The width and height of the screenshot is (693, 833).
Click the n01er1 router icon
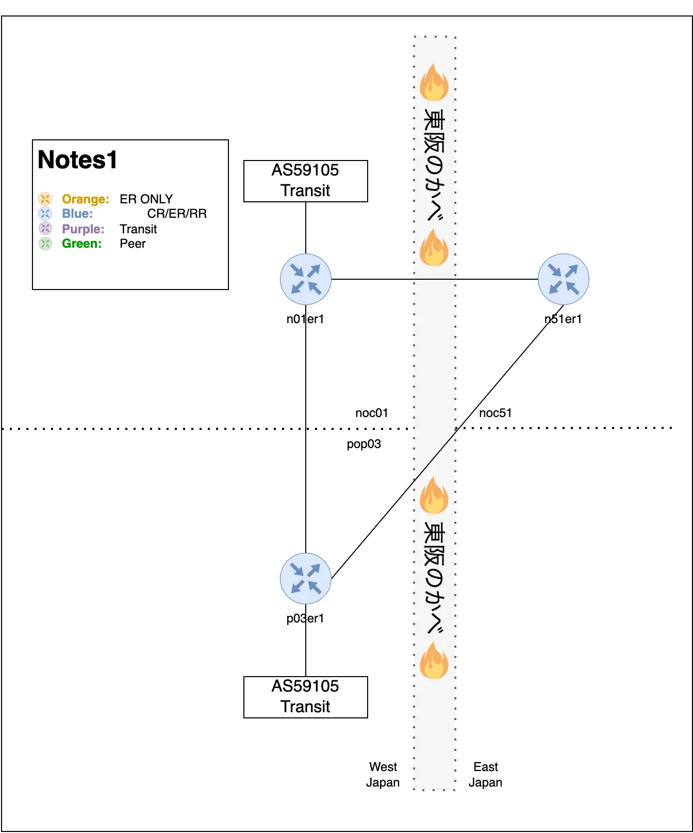click(306, 279)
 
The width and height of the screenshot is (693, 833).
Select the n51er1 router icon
click(563, 279)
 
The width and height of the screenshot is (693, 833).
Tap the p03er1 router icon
click(306, 578)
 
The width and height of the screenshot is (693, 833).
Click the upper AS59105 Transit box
click(306, 181)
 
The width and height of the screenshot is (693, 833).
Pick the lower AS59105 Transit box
click(306, 697)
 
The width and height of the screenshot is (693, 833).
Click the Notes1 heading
click(78, 160)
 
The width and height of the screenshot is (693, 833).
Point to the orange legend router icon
click(45, 199)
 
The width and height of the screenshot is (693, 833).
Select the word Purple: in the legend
click(83, 229)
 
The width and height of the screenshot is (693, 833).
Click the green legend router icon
click(45, 243)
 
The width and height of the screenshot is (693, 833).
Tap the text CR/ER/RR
click(177, 214)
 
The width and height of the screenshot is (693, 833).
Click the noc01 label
click(372, 413)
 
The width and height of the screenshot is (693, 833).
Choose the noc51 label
click(496, 413)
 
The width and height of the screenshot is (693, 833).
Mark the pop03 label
click(364, 444)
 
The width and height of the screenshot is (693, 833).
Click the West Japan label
click(383, 774)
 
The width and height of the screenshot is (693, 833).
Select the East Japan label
click(485, 774)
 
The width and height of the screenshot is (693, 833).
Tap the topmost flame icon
click(434, 82)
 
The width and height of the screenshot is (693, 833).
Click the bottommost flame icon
click(434, 660)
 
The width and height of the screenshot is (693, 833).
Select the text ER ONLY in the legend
click(146, 199)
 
